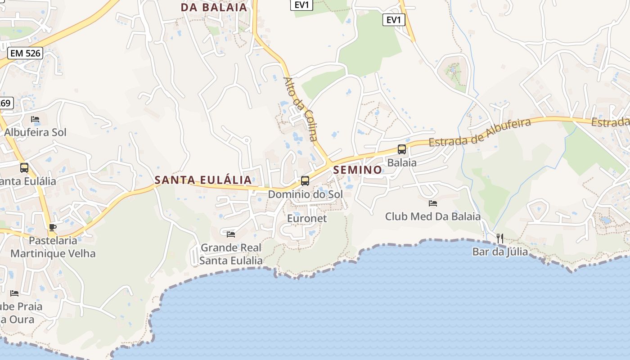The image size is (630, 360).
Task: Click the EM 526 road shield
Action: [25, 54]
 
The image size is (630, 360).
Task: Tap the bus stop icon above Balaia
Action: [402, 149]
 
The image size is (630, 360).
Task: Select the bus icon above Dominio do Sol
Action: [305, 181]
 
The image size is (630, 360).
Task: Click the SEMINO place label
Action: [358, 170]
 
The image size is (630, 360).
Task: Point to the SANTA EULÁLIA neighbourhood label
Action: [203, 180]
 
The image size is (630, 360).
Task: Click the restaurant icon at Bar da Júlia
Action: [499, 238]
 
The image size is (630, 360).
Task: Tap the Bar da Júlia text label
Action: [500, 252]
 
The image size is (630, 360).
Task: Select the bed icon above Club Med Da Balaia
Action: [433, 203]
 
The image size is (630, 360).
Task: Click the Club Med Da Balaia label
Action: [433, 216]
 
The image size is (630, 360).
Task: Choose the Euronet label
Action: [307, 218]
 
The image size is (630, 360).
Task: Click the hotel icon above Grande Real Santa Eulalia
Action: [231, 234]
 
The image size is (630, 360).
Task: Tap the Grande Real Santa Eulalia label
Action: [231, 254]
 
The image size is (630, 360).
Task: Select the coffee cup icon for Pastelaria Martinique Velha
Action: [53, 227]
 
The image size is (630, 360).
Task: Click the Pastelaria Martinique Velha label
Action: [53, 247]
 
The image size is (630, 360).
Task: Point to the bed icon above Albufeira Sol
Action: [35, 119]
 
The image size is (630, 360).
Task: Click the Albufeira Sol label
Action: [35, 132]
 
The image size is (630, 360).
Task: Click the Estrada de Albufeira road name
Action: [480, 133]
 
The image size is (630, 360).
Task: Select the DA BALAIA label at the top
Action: [214, 7]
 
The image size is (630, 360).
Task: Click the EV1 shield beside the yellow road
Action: [394, 20]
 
